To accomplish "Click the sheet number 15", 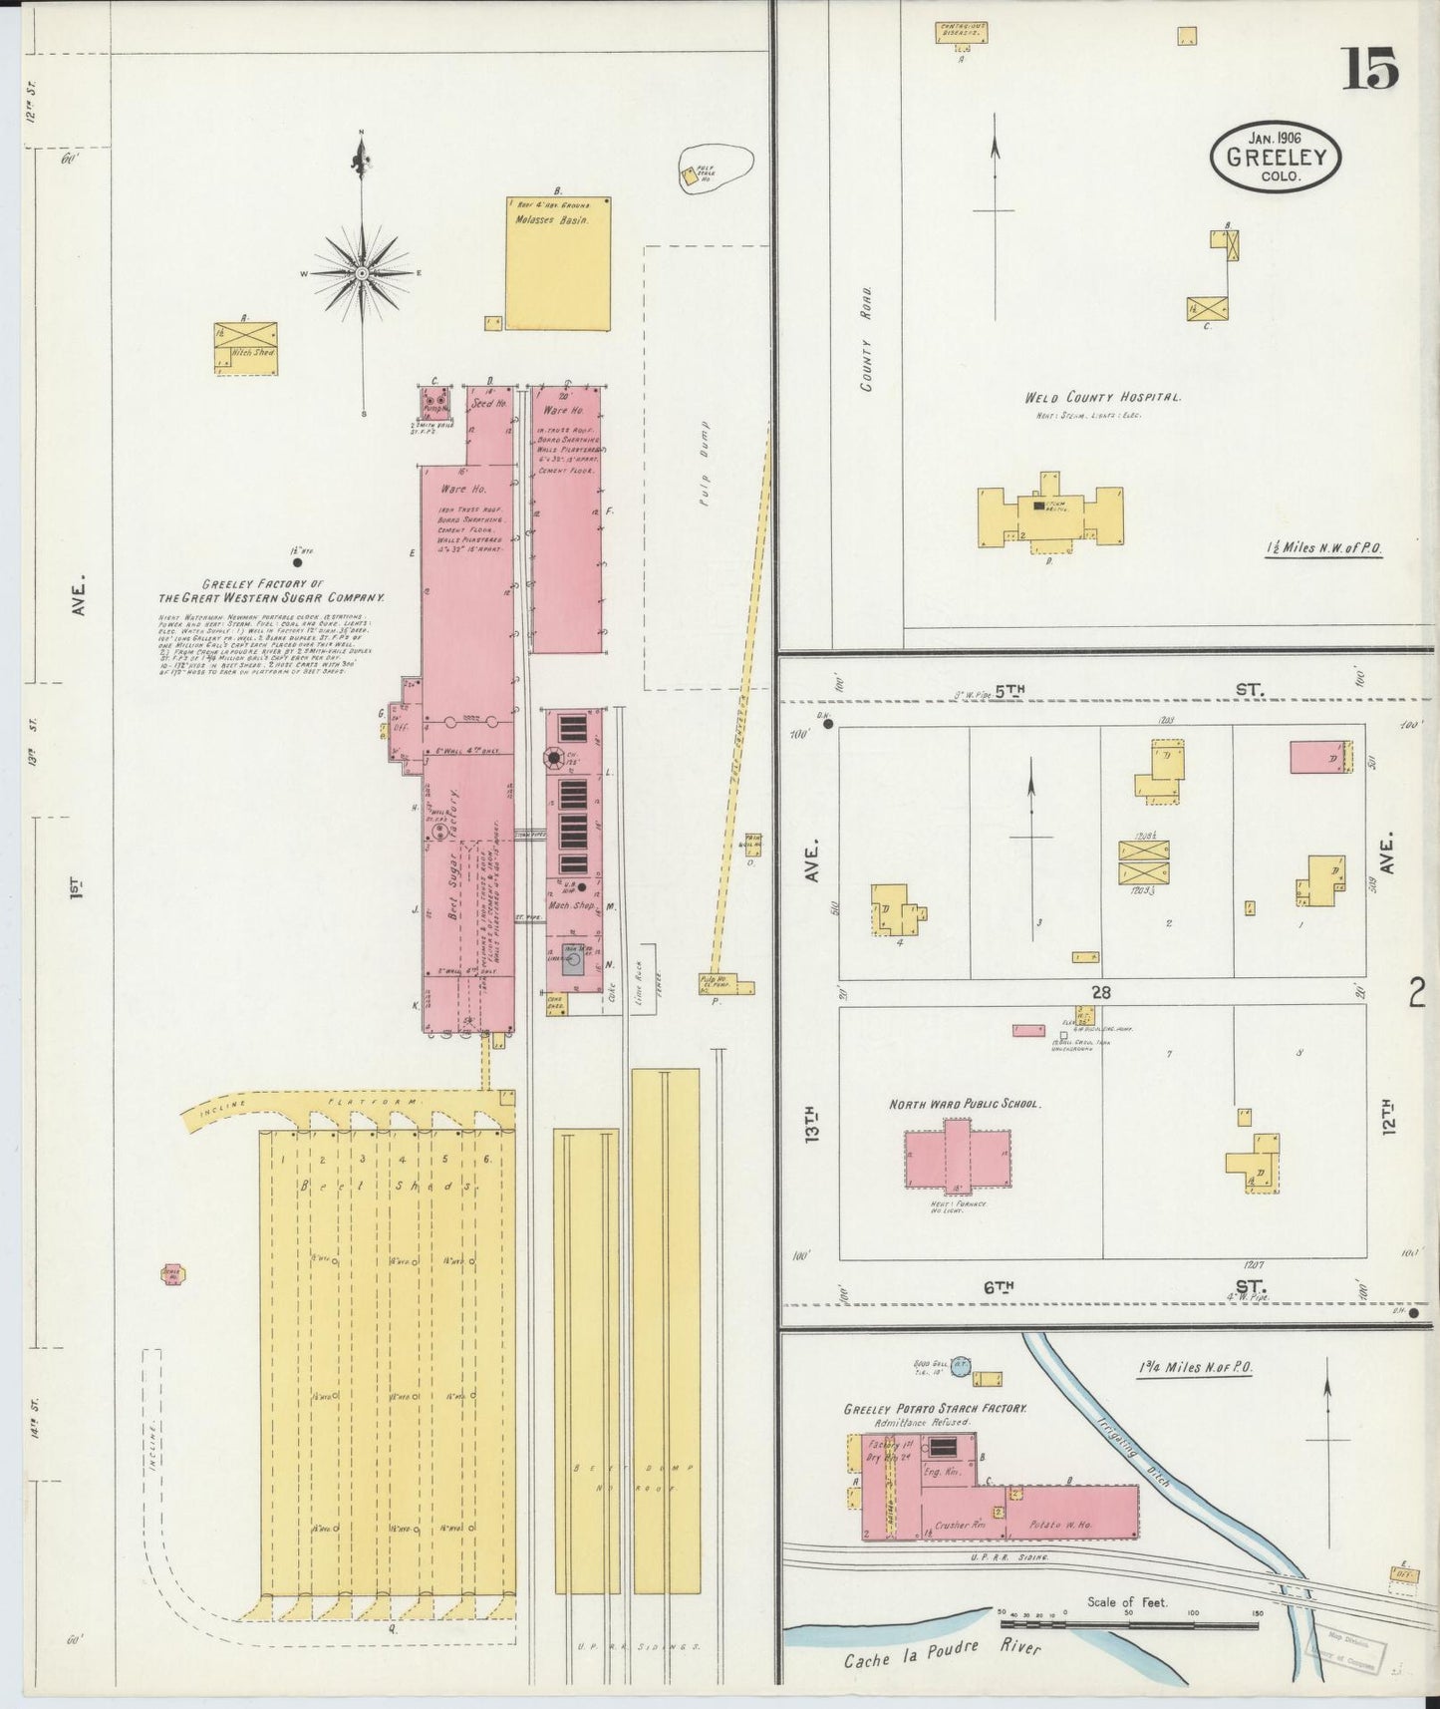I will (x=1369, y=69).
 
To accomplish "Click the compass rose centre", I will (x=362, y=272).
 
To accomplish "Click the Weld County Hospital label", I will (x=1103, y=398).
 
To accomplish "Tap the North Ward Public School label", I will (x=964, y=1105).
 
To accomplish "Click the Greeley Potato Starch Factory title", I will (x=935, y=1409).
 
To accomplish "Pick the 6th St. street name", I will (x=1000, y=1287).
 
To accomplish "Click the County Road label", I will (x=867, y=338).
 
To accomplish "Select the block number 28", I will (x=1100, y=992).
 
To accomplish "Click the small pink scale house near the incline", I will (x=173, y=1274).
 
